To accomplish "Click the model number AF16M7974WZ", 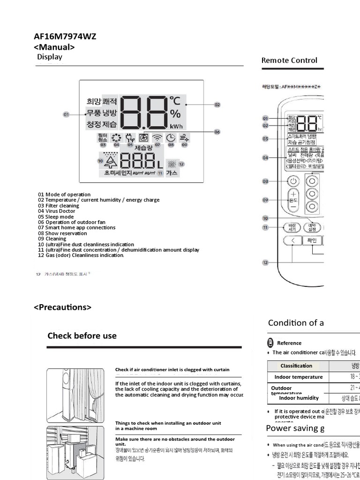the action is (x=65, y=37).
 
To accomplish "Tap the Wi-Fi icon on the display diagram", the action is (x=157, y=138).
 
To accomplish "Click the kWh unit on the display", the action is (x=176, y=126).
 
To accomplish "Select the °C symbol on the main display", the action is (x=175, y=101).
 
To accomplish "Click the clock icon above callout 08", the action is (x=171, y=138).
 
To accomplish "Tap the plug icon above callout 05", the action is (x=130, y=138).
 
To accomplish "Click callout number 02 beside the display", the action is (x=217, y=105).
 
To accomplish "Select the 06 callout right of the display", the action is (x=217, y=132).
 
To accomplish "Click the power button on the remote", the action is (x=293, y=181).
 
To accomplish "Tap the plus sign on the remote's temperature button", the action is (x=293, y=194).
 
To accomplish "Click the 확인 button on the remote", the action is (x=312, y=241).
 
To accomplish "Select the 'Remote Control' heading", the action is (x=289, y=60).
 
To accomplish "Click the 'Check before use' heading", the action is (x=82, y=336).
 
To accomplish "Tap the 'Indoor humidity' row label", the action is (x=299, y=398).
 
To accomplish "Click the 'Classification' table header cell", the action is (x=296, y=366).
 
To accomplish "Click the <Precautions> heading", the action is (x=62, y=307).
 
